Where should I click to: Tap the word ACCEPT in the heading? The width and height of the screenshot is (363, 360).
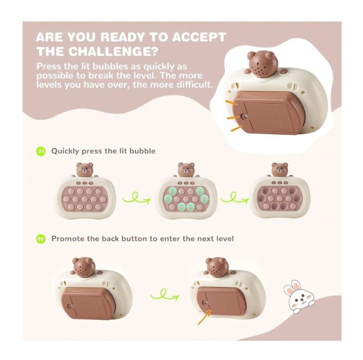(199, 37)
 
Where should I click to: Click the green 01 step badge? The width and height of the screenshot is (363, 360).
(41, 151)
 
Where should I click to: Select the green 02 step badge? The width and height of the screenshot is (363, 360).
(41, 239)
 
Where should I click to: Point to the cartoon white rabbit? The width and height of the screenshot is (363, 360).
(298, 297)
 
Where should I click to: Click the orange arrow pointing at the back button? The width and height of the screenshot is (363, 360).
(204, 317)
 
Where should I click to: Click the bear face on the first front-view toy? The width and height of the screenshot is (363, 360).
(85, 169)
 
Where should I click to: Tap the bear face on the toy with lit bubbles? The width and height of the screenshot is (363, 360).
(186, 169)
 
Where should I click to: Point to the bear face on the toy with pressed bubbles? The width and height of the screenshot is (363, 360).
(279, 169)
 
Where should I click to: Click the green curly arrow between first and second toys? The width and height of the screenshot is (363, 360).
(136, 198)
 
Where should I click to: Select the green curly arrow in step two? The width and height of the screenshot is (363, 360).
(165, 295)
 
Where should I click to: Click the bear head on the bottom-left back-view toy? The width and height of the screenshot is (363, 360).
(84, 267)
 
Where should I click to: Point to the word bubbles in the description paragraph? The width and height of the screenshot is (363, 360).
(110, 66)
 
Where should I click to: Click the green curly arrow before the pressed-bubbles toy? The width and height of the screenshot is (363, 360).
(234, 198)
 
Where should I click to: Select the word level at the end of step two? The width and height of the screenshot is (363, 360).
(225, 239)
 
